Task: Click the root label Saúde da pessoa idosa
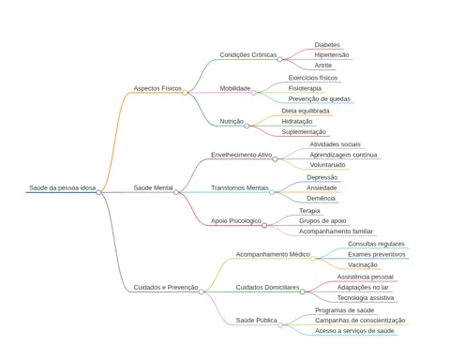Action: coord(63,187)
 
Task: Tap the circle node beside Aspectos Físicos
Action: coord(185,93)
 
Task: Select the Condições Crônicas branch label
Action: coord(248,55)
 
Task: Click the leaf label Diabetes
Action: coord(327,45)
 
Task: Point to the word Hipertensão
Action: coord(332,55)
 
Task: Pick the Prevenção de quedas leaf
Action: coord(320,99)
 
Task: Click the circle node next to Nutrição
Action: coord(247,126)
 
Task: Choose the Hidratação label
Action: coord(297,121)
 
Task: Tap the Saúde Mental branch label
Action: coord(153,187)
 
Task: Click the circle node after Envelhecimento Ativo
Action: coord(275,159)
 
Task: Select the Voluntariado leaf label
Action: coord(327,165)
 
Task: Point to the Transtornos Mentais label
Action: coord(240,187)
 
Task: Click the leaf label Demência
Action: coord(321,199)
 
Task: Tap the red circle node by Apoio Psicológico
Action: coord(264,225)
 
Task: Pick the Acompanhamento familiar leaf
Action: coord(336,232)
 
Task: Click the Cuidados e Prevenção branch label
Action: coord(166,288)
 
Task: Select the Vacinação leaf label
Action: coord(363,265)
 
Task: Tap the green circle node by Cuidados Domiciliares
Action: coord(303,292)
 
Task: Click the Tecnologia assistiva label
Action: coord(366,298)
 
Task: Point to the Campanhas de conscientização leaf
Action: coord(360,321)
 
